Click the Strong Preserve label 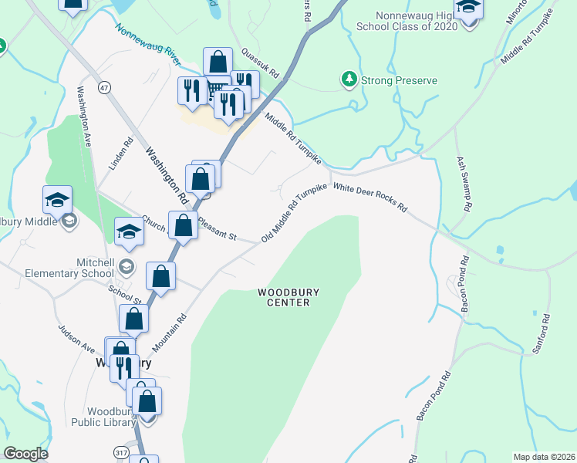click(400, 80)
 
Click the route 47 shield click(105, 89)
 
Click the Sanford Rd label click(540, 333)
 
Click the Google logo click(25, 454)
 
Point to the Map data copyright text click(543, 457)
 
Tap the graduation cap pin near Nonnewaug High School click(467, 10)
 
